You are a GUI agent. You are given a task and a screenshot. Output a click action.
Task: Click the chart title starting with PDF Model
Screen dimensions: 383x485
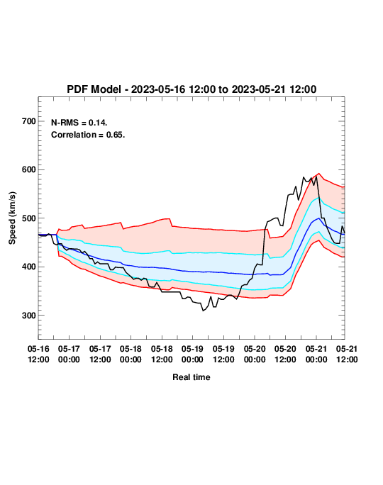point(191,89)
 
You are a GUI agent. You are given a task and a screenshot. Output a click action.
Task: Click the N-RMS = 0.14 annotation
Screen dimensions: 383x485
point(79,123)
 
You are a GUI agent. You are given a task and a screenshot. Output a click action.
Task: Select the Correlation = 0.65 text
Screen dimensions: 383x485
point(88,135)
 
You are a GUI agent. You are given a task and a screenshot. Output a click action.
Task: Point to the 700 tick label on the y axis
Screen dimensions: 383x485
point(29,121)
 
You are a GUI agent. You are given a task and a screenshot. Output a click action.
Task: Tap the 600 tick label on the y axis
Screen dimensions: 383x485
point(29,169)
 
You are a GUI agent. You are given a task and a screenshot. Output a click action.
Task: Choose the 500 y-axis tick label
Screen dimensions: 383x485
point(29,218)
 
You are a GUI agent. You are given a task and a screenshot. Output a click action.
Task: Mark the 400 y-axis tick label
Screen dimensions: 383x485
point(29,267)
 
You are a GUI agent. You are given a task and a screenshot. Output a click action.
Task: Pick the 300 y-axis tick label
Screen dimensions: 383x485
point(29,316)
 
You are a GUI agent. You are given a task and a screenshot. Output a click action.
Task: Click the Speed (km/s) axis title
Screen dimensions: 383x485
point(12,218)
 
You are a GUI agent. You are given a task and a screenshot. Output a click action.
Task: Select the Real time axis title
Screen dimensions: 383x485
point(191,377)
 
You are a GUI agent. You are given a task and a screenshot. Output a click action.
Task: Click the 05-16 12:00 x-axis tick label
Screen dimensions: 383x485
point(38,354)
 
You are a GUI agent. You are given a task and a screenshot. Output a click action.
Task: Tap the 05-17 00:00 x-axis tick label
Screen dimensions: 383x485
point(69,354)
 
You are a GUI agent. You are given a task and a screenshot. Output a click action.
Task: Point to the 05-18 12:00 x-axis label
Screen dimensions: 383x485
point(162,354)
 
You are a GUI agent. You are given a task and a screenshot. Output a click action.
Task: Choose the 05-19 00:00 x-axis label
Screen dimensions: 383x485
point(192,354)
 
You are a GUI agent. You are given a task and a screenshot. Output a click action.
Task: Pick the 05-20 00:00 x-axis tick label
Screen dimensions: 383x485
point(255,354)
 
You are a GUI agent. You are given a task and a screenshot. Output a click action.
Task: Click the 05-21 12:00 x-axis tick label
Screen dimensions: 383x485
point(347,354)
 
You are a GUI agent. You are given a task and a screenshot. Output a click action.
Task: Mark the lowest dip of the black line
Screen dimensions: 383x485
point(204,311)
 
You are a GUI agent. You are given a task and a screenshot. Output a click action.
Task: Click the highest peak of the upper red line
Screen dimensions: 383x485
point(319,174)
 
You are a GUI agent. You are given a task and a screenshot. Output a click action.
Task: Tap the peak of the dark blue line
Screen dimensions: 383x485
point(318,218)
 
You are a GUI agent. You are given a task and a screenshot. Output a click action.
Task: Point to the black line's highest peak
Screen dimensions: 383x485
point(316,177)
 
